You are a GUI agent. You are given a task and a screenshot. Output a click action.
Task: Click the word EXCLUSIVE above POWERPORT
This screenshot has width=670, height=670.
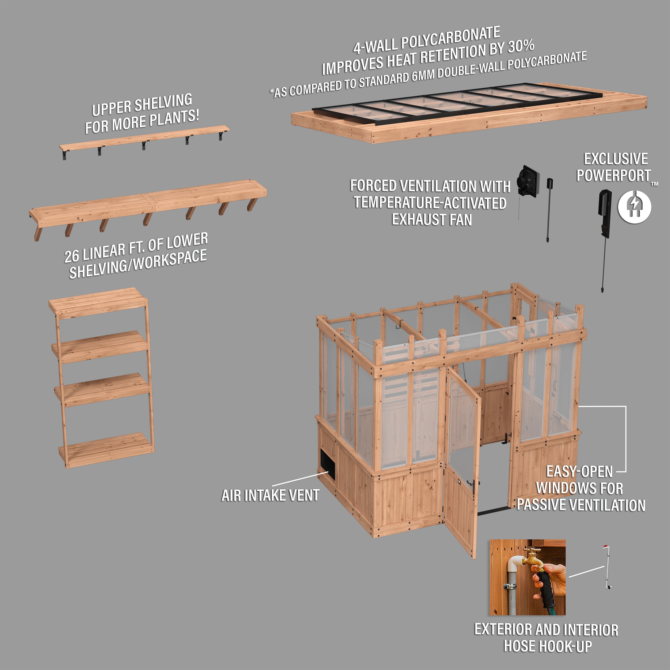(616, 159)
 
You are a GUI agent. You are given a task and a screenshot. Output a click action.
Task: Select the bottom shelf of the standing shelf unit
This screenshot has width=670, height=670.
(106, 450)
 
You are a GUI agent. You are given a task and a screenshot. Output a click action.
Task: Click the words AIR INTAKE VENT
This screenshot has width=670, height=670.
(270, 496)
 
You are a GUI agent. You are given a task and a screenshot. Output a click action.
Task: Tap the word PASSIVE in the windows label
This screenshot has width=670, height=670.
(541, 505)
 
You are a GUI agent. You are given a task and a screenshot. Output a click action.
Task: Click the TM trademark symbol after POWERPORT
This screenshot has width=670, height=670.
(654, 184)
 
